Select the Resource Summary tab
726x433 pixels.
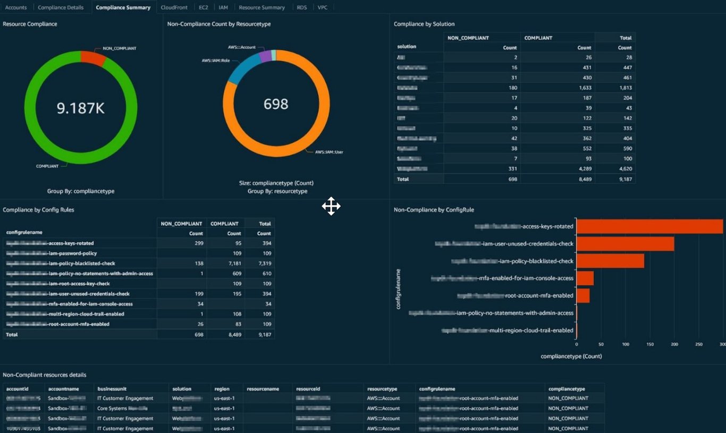(x=261, y=7)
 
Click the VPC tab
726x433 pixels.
(x=323, y=7)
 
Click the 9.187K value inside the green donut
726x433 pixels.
(x=81, y=108)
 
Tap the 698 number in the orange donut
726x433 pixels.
(x=276, y=104)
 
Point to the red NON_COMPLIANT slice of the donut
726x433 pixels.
(x=92, y=57)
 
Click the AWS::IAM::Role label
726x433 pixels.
(x=215, y=61)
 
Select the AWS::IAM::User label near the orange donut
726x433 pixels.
(x=329, y=152)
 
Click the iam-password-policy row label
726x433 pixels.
(x=72, y=253)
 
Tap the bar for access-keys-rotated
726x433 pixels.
(x=649, y=226)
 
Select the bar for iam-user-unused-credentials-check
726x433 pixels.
(x=625, y=244)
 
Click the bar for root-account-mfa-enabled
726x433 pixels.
(x=583, y=295)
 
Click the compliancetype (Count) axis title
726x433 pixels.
(x=571, y=356)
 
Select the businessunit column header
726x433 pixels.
(x=112, y=389)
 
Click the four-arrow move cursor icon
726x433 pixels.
(x=331, y=206)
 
